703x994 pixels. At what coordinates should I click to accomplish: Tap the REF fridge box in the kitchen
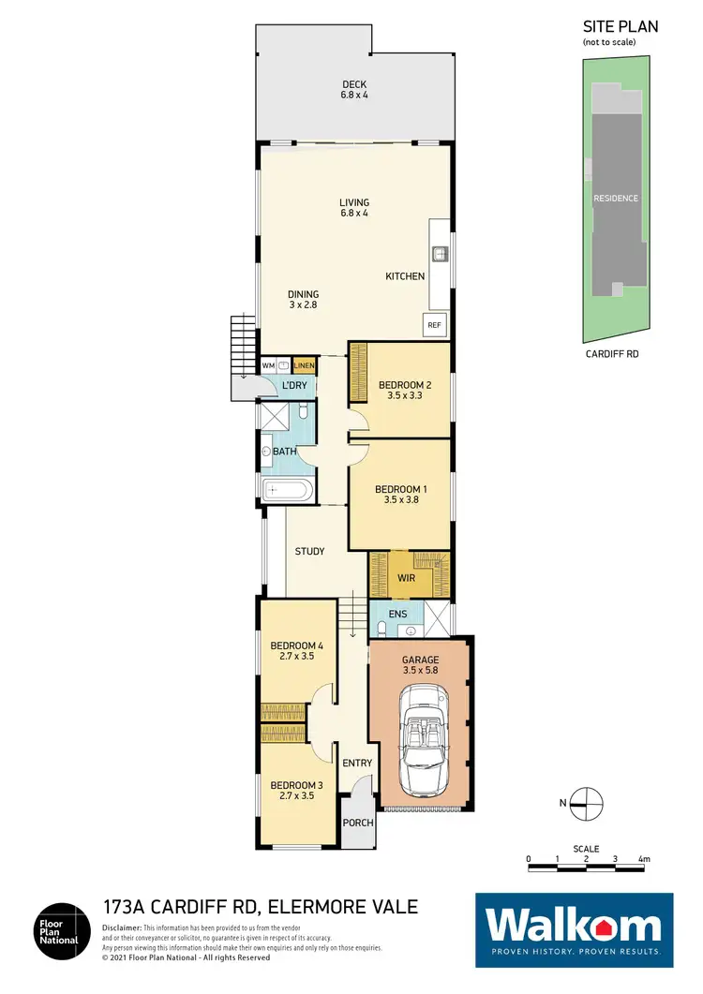click(434, 325)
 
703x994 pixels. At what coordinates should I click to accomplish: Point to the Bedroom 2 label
click(403, 385)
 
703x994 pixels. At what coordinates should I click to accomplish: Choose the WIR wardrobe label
click(406, 578)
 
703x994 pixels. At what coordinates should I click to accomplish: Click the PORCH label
click(358, 823)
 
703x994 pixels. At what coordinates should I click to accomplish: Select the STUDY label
click(309, 552)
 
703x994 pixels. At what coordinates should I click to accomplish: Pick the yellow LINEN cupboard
click(304, 365)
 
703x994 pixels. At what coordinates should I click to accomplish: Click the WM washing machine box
click(267, 365)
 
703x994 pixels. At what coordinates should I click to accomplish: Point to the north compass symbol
click(587, 802)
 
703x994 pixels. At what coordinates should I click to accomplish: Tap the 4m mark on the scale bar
click(643, 859)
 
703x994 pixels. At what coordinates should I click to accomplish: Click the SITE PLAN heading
click(621, 26)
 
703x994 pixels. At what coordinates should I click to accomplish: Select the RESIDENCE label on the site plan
click(615, 198)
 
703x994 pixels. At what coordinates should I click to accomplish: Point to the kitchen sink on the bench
click(437, 253)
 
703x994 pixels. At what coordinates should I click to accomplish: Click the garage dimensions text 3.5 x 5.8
click(420, 671)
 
